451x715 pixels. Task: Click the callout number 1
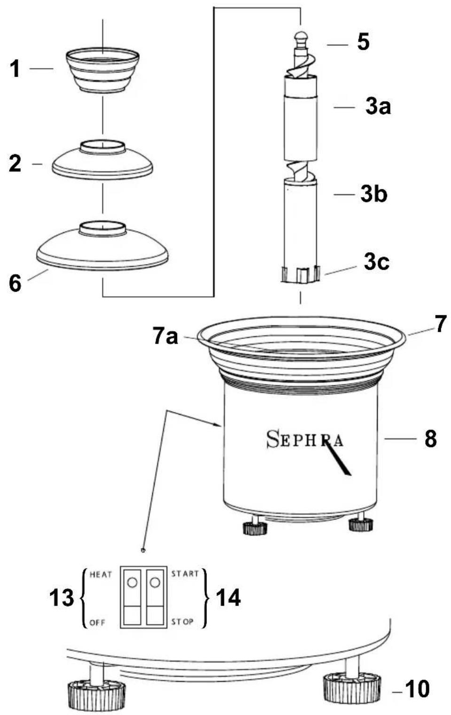coord(16,69)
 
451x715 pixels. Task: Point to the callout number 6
coord(16,283)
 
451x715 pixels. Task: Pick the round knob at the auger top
coord(301,37)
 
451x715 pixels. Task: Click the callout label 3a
coord(378,107)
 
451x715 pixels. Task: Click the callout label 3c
coord(376,262)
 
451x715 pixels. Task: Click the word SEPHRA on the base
coord(304,439)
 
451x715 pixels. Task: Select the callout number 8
coord(430,439)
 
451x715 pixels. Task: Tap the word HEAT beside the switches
coord(101,574)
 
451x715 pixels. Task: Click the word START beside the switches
coord(185,573)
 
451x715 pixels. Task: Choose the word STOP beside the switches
coord(182,622)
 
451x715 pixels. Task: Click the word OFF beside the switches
coord(97,623)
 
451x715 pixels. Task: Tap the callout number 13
coord(62,598)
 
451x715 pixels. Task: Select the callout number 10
coord(417,689)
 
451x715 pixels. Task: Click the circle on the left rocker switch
coord(132,582)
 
